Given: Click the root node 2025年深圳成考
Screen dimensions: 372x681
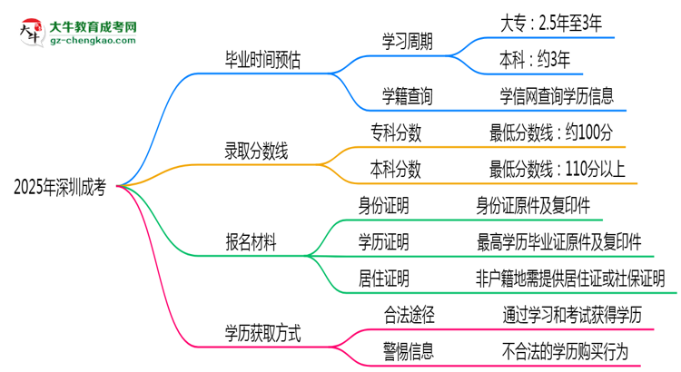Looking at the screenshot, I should pos(60,188).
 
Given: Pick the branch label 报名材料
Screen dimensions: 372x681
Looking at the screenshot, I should pos(251,242).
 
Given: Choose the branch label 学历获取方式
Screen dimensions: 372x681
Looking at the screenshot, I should pos(263,333).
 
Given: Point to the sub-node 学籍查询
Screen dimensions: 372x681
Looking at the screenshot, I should pos(408,93).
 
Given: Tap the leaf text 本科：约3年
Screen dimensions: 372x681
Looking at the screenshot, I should pos(535,60).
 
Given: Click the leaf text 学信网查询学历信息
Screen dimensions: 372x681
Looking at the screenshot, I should pos(556,93).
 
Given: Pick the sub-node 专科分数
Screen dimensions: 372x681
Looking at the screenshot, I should pos(396,133).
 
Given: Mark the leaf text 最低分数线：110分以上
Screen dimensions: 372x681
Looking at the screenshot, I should pos(557,169).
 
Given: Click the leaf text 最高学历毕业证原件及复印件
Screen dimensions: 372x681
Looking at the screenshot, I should pos(559,241).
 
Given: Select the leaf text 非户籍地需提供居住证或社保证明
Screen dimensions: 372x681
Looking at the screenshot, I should pos(576,278).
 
